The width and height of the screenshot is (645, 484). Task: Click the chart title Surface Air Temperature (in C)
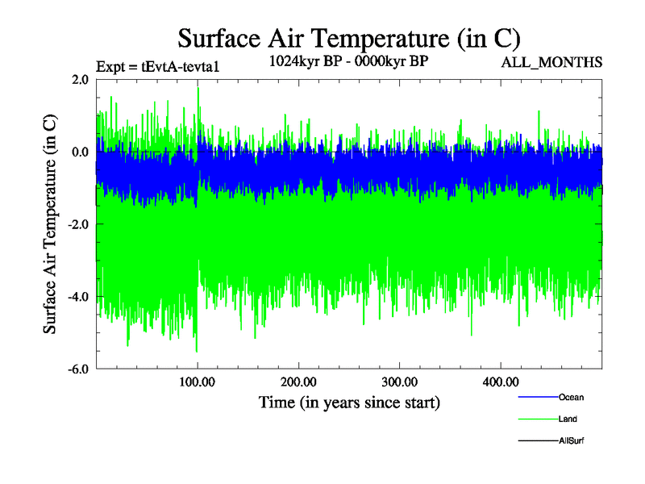pos(349,38)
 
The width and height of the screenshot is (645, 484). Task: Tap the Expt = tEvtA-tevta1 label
pos(157,67)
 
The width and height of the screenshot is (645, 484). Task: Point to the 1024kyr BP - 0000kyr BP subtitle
pos(348,61)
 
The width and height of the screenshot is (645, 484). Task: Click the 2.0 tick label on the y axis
pos(80,79)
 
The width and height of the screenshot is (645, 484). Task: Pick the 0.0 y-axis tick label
pos(80,152)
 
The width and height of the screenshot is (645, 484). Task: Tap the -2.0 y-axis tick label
pos(78,224)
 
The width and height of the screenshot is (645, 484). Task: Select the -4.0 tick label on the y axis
pos(78,297)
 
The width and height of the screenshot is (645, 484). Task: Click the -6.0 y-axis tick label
pos(78,369)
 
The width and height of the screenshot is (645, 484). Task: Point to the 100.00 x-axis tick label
pos(198,381)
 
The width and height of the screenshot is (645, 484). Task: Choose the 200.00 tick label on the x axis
pos(298,381)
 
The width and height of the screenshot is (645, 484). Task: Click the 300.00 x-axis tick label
pos(399,381)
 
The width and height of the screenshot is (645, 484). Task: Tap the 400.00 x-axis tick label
pos(500,381)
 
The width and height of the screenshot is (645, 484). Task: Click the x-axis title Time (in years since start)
pos(349,401)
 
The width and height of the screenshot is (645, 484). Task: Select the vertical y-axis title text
pos(50,224)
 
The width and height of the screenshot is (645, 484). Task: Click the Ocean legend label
pos(571,397)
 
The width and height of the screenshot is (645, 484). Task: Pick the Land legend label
pos(568,419)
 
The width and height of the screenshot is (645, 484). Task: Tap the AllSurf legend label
pos(571,440)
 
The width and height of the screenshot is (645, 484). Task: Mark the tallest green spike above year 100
pos(198,89)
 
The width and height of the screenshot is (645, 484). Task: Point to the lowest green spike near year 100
pos(197,351)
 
